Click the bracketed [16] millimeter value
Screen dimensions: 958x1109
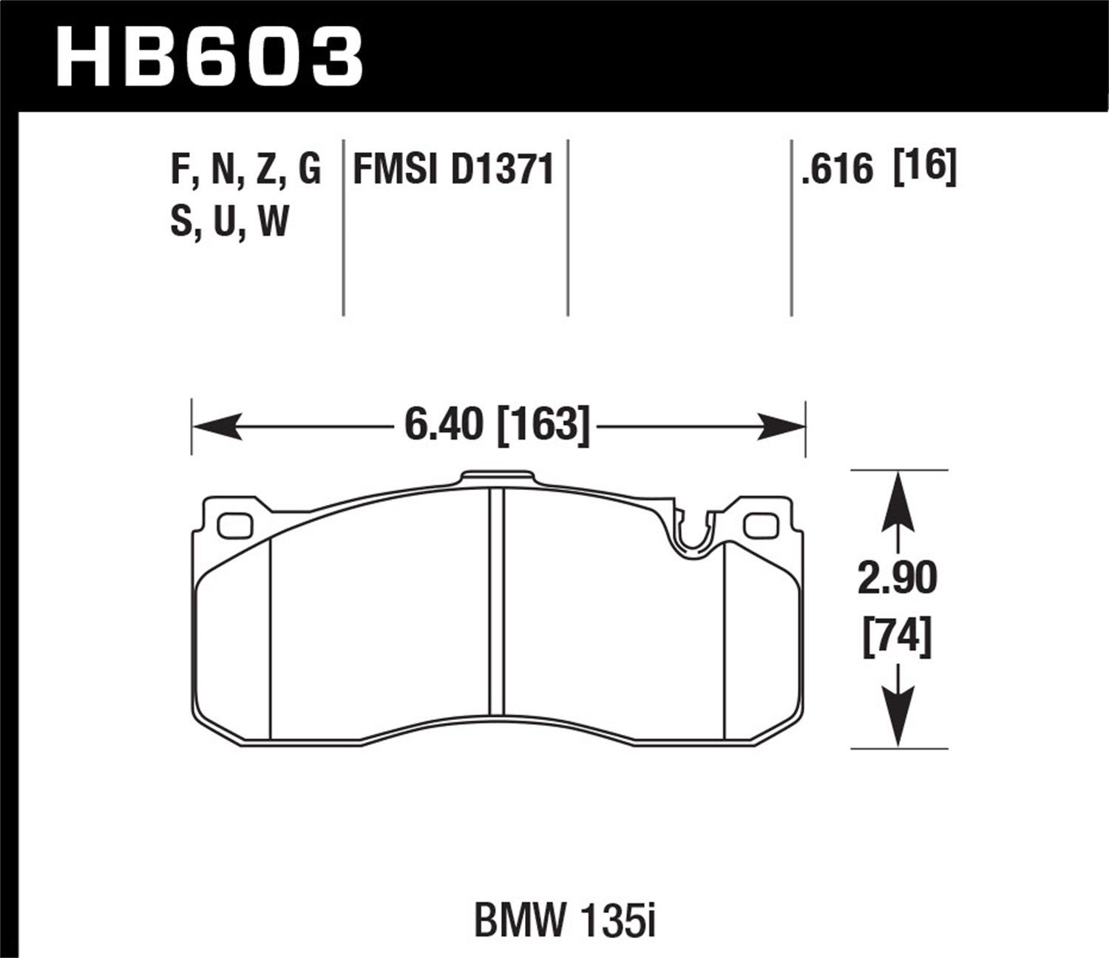pyautogui.click(x=925, y=168)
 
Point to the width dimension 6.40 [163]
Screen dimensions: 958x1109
pyautogui.click(x=497, y=427)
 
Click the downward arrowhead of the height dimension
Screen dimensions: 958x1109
pyautogui.click(x=897, y=724)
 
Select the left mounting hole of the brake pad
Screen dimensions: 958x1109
pyautogui.click(x=235, y=523)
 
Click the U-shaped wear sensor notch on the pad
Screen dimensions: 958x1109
pyautogui.click(x=693, y=536)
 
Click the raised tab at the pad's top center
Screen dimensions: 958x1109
pyautogui.click(x=496, y=478)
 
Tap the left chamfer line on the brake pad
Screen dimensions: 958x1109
pyautogui.click(x=271, y=636)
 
